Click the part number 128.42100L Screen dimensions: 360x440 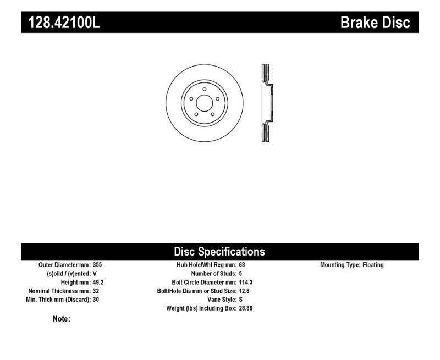[x=61, y=23]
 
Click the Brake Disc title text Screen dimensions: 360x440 [x=375, y=23]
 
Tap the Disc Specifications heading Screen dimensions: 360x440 [x=219, y=252]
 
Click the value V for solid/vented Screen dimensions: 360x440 [x=95, y=274]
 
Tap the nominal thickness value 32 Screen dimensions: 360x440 [x=97, y=291]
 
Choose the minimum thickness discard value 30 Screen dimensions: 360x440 [x=97, y=300]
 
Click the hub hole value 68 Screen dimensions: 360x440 [x=243, y=265]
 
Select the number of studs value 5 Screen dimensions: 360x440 [x=241, y=274]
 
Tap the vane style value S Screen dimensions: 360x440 [x=241, y=300]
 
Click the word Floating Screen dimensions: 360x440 [x=373, y=265]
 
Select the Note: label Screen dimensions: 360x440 [x=61, y=319]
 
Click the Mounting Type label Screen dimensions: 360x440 [x=339, y=265]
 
